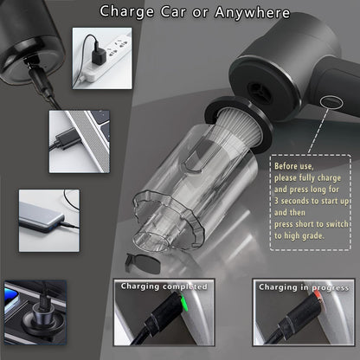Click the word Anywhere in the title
253,13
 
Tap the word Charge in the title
126,13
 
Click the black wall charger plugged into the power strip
99,54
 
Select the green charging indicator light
183,302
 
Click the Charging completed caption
164,286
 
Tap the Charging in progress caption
304,287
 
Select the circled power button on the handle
331,102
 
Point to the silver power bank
41,218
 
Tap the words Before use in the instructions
293,166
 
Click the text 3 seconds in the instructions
292,201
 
